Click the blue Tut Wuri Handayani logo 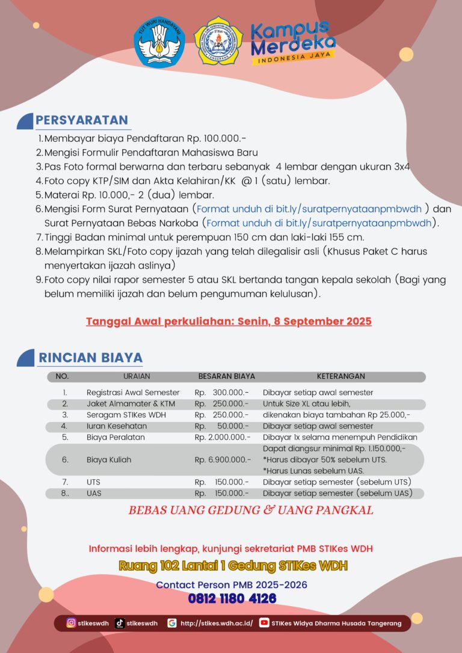[x=159, y=41]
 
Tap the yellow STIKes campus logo [x=218, y=41]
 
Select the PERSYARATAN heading [x=82, y=120]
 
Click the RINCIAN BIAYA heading [x=91, y=358]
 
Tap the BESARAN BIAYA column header [x=227, y=376]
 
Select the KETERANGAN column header [x=340, y=376]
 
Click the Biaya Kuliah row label [x=109, y=460]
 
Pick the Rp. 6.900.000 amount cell [x=222, y=460]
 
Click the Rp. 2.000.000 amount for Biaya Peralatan [x=222, y=437]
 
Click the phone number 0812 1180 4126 [x=232, y=598]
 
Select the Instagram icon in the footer [x=72, y=623]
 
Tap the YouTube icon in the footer [x=264, y=623]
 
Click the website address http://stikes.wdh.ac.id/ [x=217, y=623]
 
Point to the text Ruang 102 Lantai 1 [x=174, y=566]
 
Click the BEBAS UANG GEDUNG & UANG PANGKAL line [x=251, y=510]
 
